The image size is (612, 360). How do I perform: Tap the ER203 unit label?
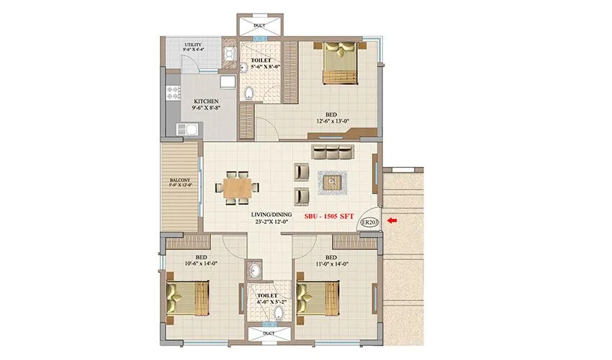point(369,222)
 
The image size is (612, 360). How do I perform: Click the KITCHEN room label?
point(207,101)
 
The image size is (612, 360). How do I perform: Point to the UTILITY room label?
point(192,45)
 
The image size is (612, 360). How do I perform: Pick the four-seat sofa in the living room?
point(333,152)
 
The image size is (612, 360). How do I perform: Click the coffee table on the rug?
point(333,182)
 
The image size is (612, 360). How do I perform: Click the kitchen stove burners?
point(174,93)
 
